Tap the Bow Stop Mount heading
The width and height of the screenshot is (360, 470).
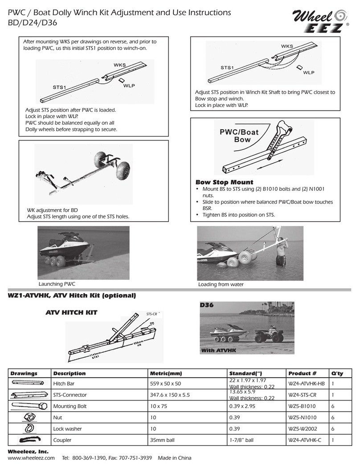[x=218, y=182]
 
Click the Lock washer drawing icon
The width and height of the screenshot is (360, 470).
[x=27, y=429]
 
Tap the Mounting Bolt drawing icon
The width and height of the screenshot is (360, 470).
[x=27, y=406]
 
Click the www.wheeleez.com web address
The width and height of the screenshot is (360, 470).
[x=31, y=458]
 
